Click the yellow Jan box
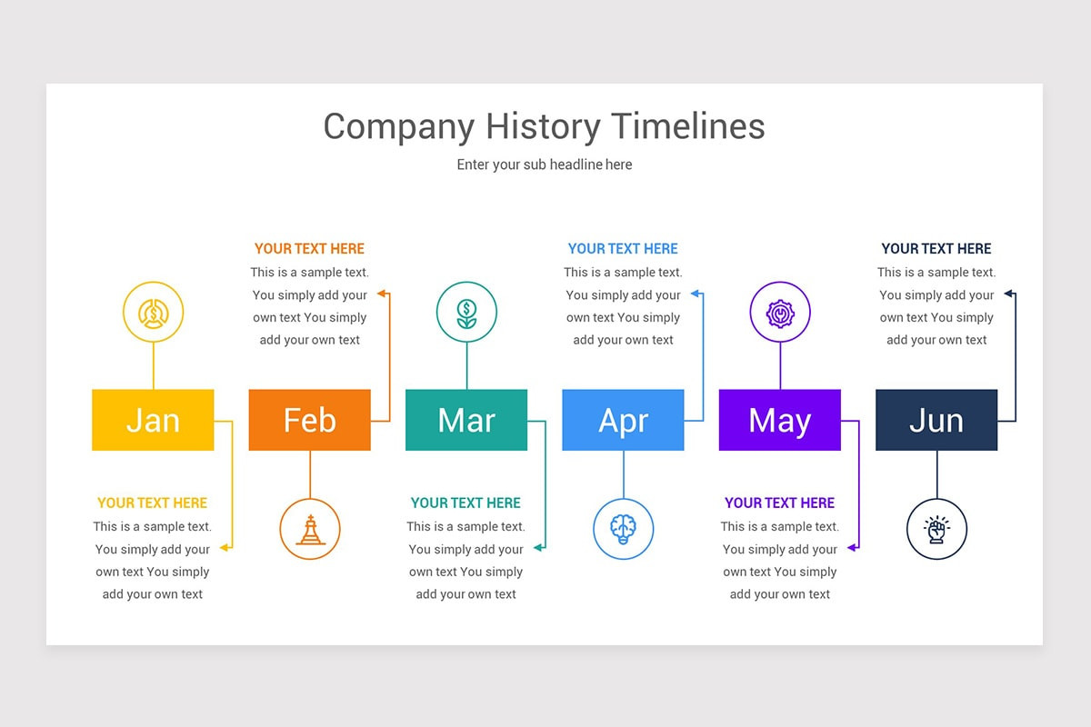click(153, 420)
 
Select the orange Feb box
click(310, 420)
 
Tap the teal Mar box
click(466, 420)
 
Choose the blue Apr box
click(623, 420)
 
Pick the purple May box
click(780, 420)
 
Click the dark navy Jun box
click(936, 420)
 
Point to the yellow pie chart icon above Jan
click(154, 314)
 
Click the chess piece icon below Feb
click(310, 530)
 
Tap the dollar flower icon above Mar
click(466, 314)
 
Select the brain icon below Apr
click(624, 529)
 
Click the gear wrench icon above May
click(780, 314)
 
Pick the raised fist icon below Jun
click(936, 530)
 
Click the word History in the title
click(543, 126)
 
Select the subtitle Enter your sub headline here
click(545, 164)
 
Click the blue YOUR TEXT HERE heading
click(623, 249)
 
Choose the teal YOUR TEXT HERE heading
click(465, 503)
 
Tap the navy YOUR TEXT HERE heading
click(936, 249)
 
